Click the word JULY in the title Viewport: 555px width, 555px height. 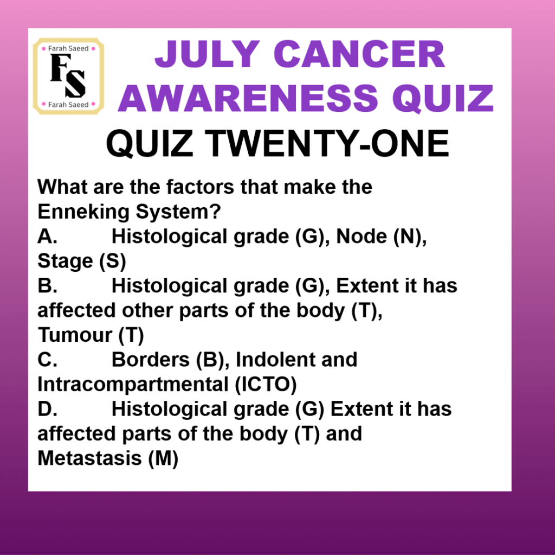tap(208, 54)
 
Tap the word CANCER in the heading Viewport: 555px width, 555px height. tap(359, 54)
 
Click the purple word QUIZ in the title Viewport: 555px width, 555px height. tap(443, 99)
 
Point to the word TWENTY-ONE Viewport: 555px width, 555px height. tap(326, 143)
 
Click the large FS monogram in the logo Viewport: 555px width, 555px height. tap(68, 76)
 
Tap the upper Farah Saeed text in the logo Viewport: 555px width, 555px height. tap(68, 48)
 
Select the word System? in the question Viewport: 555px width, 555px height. tap(178, 212)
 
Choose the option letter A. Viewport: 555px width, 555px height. tap(48, 237)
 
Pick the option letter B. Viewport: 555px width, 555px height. tap(48, 286)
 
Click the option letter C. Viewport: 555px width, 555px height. tap(48, 360)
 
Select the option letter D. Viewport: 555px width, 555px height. tap(48, 409)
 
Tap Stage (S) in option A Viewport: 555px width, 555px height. tap(82, 261)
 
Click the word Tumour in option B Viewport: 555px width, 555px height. tap(75, 335)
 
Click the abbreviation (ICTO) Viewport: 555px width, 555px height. tap(266, 385)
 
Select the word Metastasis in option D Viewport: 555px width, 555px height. tap(90, 458)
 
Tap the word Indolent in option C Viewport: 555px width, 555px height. tap(275, 360)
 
